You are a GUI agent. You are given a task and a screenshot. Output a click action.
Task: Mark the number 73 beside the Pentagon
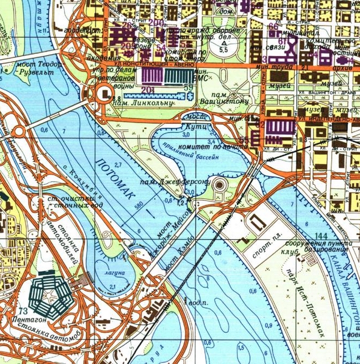pyautogui.click(x=22, y=311)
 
